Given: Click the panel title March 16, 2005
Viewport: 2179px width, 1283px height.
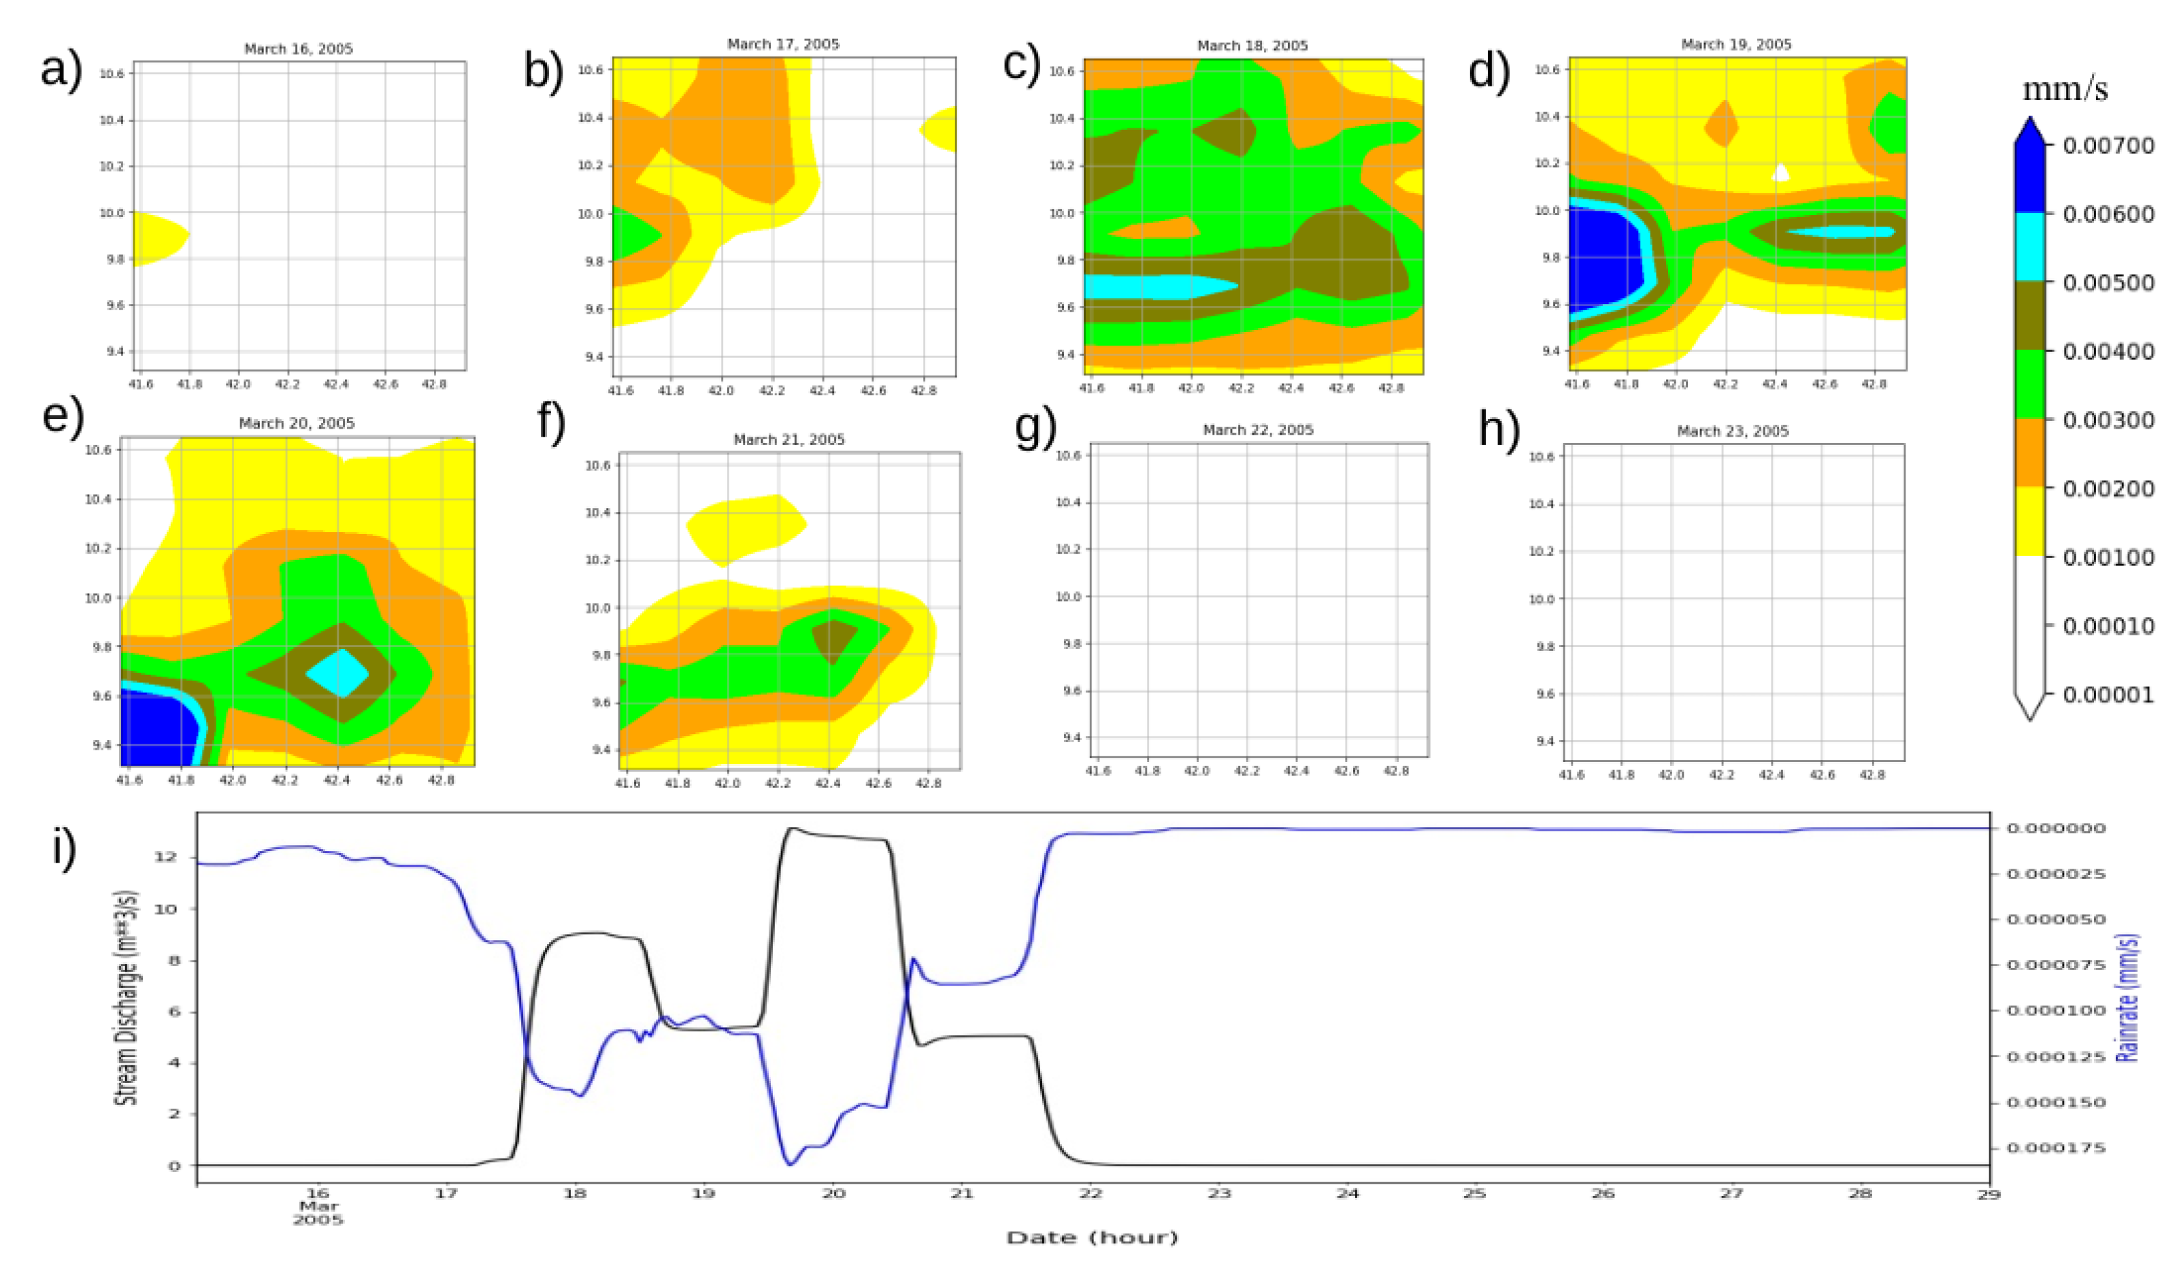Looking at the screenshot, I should click(299, 49).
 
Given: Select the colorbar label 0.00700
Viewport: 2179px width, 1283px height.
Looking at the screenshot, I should click(2108, 146).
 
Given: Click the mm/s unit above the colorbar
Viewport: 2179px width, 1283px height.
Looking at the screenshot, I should click(2064, 90).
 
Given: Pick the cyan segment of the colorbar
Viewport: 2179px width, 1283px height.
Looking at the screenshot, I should click(2029, 246).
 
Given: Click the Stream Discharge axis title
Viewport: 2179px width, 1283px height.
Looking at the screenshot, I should click(127, 997).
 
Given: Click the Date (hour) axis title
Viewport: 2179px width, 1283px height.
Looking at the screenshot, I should click(1092, 1238).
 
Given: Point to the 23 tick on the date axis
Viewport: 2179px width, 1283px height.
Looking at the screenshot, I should click(1218, 1194).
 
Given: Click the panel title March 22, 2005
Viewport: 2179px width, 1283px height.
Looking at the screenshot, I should click(1258, 430).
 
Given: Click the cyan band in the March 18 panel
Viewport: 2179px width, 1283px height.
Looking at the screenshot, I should click(1150, 287).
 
